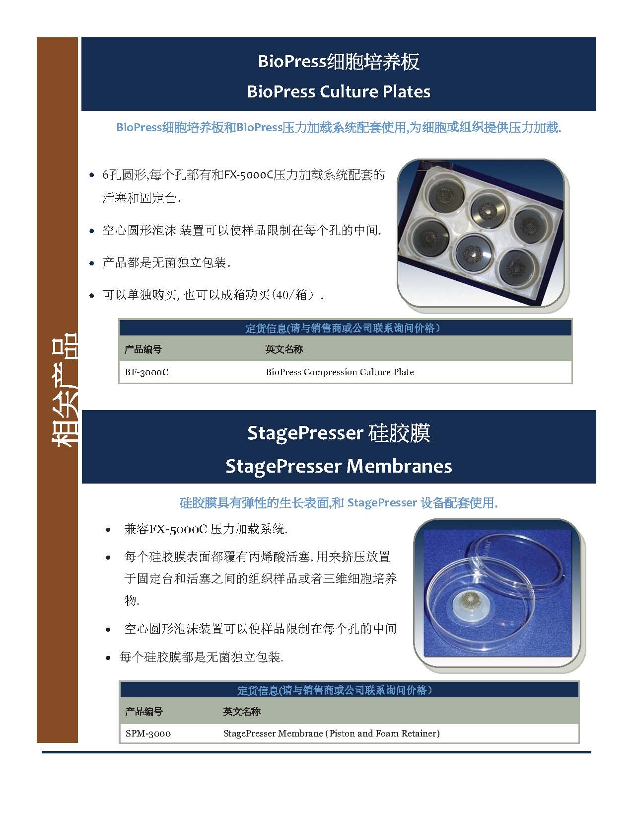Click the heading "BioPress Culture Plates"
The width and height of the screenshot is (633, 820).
tap(338, 92)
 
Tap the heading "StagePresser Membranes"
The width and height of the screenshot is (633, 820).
tap(339, 466)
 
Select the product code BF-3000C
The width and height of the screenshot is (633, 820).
tap(146, 372)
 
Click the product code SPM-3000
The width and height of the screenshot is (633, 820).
tap(148, 733)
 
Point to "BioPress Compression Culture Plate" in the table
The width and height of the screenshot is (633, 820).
tap(340, 372)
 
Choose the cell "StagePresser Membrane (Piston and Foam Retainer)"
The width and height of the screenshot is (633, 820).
tap(331, 733)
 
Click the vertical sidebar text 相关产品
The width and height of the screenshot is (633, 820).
tap(64, 390)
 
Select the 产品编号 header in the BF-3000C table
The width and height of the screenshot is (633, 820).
tap(143, 349)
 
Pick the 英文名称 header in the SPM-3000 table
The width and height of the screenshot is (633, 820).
tap(242, 711)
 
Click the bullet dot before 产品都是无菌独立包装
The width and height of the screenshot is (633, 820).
tap(92, 263)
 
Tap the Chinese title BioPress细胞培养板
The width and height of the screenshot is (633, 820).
tap(338, 62)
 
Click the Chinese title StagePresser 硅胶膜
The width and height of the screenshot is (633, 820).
tap(339, 433)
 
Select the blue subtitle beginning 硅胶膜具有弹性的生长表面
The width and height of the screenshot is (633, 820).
tap(339, 502)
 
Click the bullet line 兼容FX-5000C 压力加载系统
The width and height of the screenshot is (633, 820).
tap(206, 529)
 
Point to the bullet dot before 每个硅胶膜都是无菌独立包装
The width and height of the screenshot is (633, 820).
tap(108, 658)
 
